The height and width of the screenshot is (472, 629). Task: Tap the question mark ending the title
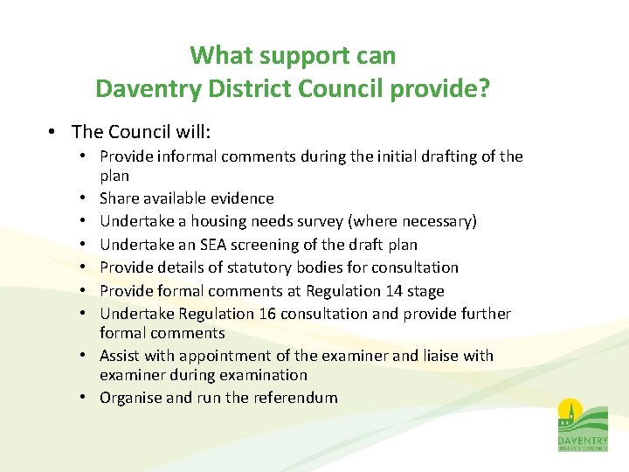point(484,89)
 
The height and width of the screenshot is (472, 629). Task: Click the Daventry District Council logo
point(582,425)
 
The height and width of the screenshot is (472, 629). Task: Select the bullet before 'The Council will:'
point(53,132)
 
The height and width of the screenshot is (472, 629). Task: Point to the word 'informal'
point(180,156)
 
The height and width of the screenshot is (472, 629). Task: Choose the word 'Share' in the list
point(119,198)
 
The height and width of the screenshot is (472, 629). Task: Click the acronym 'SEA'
point(204,245)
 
